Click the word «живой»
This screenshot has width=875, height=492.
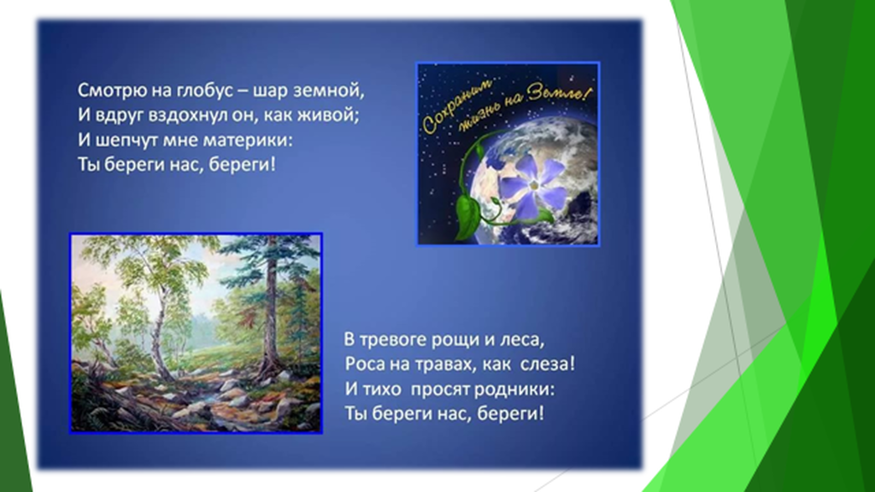coord(332,115)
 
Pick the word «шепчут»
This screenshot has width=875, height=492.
coord(123,140)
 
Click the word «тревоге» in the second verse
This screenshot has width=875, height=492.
coord(389,340)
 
